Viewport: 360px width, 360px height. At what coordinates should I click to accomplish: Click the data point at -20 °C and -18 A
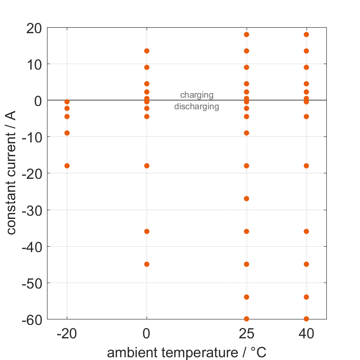point(67,165)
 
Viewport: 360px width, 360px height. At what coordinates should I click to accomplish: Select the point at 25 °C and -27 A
point(246,199)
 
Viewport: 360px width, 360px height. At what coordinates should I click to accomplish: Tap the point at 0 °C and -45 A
point(147,264)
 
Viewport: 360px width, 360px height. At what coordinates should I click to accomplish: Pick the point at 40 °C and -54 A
point(306,297)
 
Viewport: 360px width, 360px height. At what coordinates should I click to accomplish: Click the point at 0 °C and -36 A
point(147,231)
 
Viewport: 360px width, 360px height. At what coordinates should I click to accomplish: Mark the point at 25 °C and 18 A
point(246,35)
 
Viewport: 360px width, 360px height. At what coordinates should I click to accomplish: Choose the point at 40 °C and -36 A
point(306,231)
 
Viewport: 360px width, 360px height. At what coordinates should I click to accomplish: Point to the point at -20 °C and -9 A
point(67,133)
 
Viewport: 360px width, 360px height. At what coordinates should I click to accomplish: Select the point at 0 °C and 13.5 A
point(147,51)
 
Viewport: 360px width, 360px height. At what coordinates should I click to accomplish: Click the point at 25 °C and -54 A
point(246,297)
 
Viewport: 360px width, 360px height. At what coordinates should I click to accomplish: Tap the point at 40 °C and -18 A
point(306,165)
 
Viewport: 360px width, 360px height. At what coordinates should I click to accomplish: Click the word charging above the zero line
point(197,95)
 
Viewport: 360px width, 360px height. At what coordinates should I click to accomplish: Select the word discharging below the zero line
point(197,107)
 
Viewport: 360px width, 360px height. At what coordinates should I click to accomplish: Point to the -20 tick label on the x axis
point(67,334)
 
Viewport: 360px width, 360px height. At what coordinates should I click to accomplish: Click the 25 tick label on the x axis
point(246,334)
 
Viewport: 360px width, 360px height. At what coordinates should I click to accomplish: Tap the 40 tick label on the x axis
point(306,334)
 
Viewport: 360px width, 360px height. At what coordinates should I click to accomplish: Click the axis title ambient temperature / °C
point(187,353)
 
